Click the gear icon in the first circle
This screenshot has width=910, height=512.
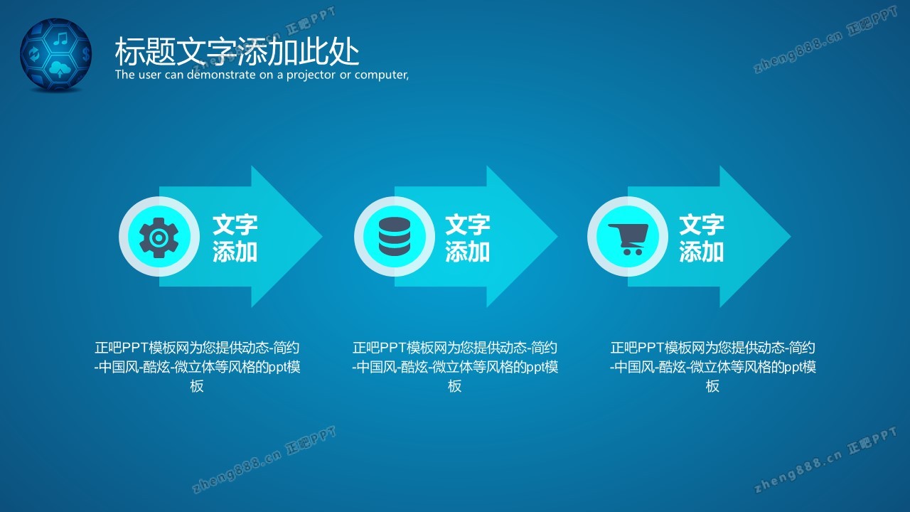coord(159,238)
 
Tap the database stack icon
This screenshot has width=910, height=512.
coord(394,237)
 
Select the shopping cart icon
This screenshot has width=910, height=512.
coord(628,239)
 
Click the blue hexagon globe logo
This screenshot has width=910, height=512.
coord(56,55)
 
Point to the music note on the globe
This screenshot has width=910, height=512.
coord(61,38)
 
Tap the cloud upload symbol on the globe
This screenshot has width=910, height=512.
coord(60,69)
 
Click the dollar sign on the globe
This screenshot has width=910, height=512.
coord(85,53)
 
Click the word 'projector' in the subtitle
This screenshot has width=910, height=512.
coord(311,75)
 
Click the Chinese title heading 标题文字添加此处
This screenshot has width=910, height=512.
coord(237,51)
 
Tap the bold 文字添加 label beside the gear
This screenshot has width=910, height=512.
coord(235,238)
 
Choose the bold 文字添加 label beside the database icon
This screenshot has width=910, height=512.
coord(468,238)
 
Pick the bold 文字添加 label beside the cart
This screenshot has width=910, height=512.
coord(701,238)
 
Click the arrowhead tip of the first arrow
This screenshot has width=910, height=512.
coord(323,237)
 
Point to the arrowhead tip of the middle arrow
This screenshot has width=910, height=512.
coord(557,237)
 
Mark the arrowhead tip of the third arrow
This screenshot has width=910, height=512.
coord(791,237)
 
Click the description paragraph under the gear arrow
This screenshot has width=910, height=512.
coord(197,366)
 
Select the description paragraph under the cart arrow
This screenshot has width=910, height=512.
coord(712,366)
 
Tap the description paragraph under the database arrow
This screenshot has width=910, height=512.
coord(455,366)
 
